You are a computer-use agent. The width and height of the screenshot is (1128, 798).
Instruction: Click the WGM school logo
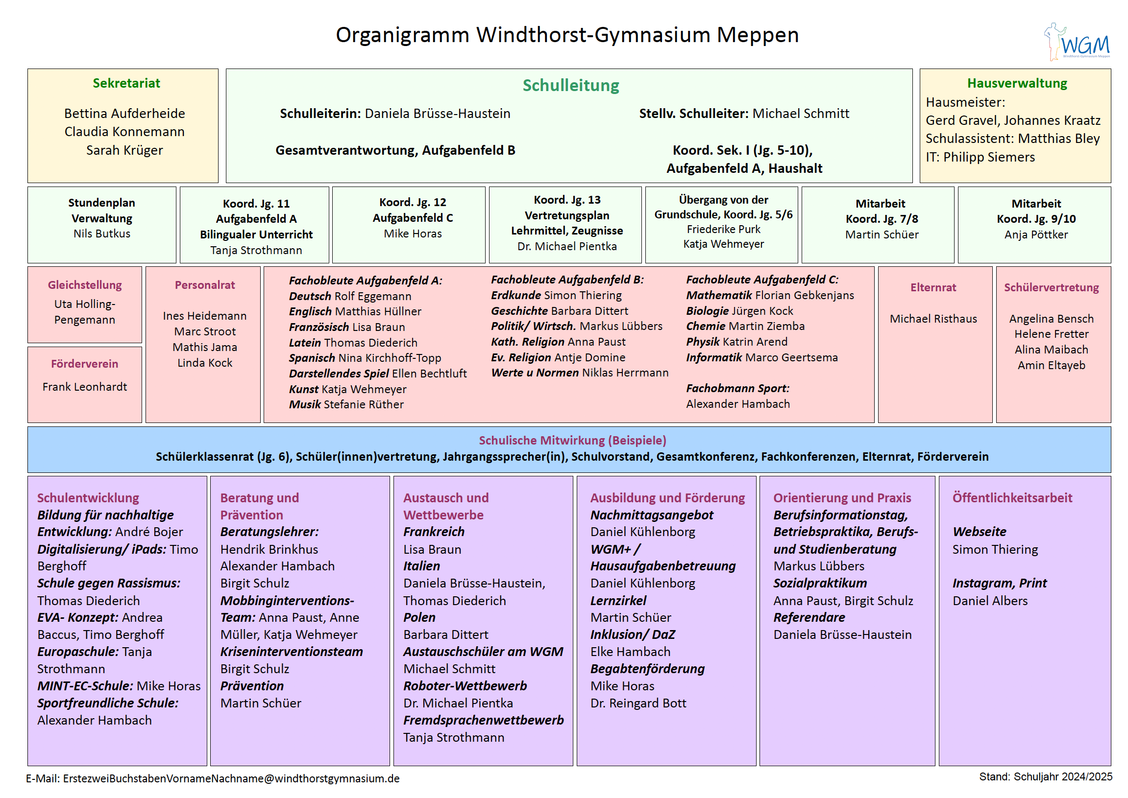pyautogui.click(x=1077, y=42)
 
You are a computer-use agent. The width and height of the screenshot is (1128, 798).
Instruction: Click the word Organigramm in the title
pyautogui.click(x=402, y=35)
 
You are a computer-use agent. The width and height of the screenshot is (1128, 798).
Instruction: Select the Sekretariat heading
pyautogui.click(x=126, y=83)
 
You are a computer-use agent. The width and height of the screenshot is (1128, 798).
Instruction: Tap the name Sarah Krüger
pyautogui.click(x=124, y=150)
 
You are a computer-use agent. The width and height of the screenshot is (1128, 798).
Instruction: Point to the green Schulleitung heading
pyautogui.click(x=570, y=86)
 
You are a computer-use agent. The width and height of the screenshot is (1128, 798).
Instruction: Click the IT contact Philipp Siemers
pyautogui.click(x=989, y=157)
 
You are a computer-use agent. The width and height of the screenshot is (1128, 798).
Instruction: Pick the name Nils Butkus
pyautogui.click(x=102, y=234)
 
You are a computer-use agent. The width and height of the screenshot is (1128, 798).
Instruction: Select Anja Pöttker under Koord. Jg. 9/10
pyautogui.click(x=1036, y=235)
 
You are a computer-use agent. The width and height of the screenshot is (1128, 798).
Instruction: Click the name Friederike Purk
pyautogui.click(x=723, y=230)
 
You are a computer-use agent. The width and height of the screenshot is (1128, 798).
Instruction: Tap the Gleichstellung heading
pyautogui.click(x=85, y=285)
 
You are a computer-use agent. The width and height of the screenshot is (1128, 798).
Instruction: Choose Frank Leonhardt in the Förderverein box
pyautogui.click(x=85, y=387)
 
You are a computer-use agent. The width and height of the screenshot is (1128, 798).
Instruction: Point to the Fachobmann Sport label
pyautogui.click(x=737, y=388)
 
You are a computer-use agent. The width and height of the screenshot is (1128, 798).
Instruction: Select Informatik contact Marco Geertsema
pyautogui.click(x=792, y=357)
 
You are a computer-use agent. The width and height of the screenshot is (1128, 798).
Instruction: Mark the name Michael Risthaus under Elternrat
pyautogui.click(x=933, y=318)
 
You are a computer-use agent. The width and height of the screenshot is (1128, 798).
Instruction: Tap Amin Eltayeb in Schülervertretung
pyautogui.click(x=1051, y=365)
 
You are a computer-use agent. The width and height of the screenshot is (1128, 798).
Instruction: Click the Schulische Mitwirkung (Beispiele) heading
pyautogui.click(x=572, y=440)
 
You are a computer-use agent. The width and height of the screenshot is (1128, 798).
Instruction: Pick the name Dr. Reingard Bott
pyautogui.click(x=638, y=703)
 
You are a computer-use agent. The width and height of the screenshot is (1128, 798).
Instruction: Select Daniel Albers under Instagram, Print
pyautogui.click(x=990, y=601)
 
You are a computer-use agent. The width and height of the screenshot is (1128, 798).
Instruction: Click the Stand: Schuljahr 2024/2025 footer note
pyautogui.click(x=1045, y=776)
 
